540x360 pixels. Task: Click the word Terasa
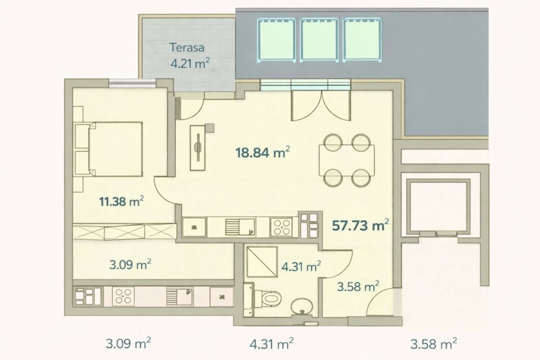(x=187, y=47)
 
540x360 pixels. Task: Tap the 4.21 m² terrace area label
(x=190, y=64)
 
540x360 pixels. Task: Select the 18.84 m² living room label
(x=262, y=152)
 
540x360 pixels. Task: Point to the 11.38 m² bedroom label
(x=121, y=201)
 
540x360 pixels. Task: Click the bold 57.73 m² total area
(x=360, y=226)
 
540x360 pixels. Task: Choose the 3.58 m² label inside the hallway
(x=358, y=286)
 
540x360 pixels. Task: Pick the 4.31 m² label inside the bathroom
(x=301, y=266)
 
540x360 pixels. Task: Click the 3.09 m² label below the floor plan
(x=128, y=343)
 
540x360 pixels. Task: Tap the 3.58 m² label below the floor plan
(x=434, y=343)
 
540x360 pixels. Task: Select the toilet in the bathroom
(x=267, y=298)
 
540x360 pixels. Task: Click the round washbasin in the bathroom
(x=302, y=307)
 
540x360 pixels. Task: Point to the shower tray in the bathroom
(x=262, y=262)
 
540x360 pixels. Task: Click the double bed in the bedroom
(x=115, y=149)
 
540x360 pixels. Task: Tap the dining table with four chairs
(x=347, y=161)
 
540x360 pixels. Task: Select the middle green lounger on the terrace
(x=319, y=40)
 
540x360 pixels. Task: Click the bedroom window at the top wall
(x=133, y=83)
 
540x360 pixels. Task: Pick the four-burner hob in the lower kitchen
(x=123, y=296)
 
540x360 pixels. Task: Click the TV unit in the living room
(x=198, y=147)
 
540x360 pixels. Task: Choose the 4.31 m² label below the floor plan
(x=271, y=343)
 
